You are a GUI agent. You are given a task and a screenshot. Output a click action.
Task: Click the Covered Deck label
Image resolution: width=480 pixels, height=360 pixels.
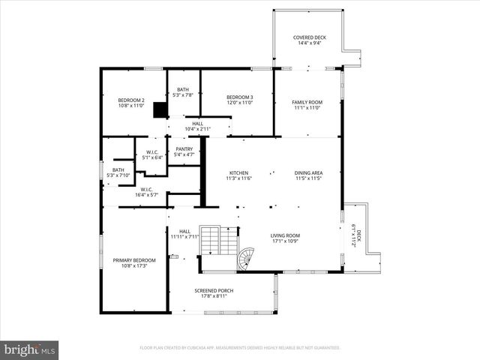click(x=309, y=37)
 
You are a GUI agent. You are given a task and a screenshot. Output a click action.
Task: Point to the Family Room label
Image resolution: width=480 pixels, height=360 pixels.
click(x=307, y=102)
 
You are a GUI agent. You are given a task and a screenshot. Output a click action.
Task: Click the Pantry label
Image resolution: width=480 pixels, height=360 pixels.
click(x=184, y=149)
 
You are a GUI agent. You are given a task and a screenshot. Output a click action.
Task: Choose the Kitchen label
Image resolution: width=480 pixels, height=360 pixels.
click(x=238, y=173)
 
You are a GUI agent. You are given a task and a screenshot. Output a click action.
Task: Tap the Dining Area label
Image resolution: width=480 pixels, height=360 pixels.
click(x=307, y=173)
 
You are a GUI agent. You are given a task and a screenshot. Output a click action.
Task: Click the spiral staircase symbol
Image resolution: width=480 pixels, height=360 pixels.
click(x=247, y=259)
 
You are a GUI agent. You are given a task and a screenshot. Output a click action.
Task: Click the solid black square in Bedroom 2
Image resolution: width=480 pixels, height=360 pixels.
click(x=160, y=110)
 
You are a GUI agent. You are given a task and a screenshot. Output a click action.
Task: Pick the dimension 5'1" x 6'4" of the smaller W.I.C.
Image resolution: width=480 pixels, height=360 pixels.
click(x=152, y=157)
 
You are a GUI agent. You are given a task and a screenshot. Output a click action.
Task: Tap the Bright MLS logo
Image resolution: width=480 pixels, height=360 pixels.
click(x=30, y=349)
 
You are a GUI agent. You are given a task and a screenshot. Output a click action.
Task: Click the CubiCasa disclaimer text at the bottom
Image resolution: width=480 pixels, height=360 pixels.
click(x=240, y=348)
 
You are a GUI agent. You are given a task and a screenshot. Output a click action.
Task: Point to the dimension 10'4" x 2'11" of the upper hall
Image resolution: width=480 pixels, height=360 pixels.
click(x=197, y=129)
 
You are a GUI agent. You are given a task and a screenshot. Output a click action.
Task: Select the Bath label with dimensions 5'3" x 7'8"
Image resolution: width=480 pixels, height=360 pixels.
click(x=183, y=91)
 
